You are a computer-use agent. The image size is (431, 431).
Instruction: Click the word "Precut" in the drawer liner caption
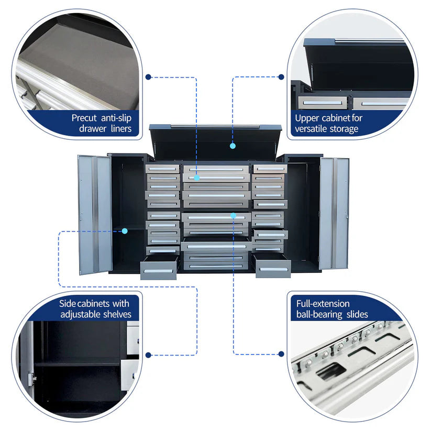pos(84,118)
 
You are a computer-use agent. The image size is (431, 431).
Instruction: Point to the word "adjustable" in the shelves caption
pos(81,314)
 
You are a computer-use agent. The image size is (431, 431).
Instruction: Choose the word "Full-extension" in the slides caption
pos(323,303)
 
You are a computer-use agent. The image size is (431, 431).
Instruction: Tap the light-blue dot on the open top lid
pos(233,146)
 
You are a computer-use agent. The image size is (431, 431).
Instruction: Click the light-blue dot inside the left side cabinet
pos(125,230)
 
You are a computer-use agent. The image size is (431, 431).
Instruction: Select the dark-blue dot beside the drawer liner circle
pos(149,77)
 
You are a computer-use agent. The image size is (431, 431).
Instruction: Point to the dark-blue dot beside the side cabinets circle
pos(149,355)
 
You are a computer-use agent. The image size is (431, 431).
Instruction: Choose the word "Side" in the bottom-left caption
pos(67,303)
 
